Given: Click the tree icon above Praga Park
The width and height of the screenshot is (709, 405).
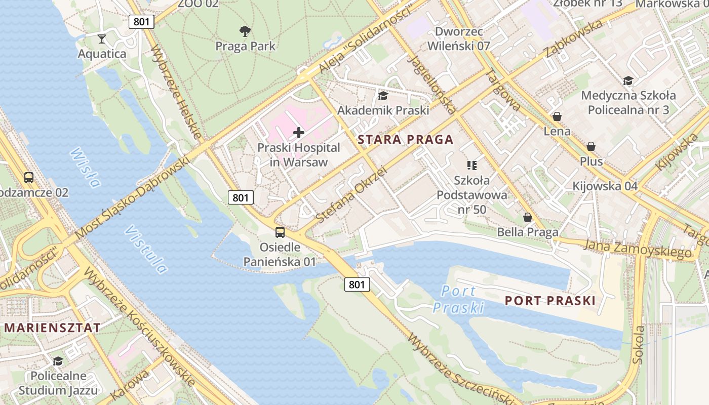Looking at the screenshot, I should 245,31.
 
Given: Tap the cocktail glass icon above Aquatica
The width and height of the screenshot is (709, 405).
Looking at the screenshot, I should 102,38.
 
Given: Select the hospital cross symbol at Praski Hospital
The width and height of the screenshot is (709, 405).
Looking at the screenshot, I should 299,133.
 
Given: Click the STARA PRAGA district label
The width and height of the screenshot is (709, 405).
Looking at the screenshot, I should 405,140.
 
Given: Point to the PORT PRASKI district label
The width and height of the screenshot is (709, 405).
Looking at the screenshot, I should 550,301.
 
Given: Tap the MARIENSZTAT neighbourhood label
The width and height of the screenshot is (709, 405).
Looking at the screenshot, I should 52,328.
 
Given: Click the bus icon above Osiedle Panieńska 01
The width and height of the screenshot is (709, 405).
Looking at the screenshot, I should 280,232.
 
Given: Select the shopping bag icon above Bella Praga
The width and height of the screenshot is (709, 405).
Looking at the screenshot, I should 528,217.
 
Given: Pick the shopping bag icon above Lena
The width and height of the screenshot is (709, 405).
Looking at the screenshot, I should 557,116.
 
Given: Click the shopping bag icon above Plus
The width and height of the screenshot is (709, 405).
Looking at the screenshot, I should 590,146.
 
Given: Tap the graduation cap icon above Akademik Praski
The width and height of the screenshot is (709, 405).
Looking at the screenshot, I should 383,95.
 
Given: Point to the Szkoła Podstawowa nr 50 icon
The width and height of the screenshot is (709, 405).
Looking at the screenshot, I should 472,165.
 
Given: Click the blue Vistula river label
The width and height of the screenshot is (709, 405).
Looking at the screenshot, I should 146,249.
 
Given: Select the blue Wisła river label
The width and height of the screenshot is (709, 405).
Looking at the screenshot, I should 85,167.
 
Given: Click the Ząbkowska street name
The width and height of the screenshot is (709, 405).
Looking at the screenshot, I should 573,39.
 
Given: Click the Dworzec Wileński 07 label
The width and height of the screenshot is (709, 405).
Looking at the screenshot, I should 458,38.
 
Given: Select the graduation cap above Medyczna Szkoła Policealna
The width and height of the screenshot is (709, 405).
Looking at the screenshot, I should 628,80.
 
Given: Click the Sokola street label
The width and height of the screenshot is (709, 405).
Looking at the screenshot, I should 639,345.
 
